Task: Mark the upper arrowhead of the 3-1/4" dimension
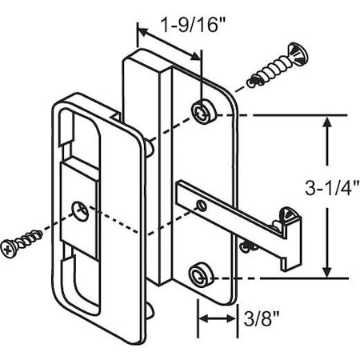(326, 122)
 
